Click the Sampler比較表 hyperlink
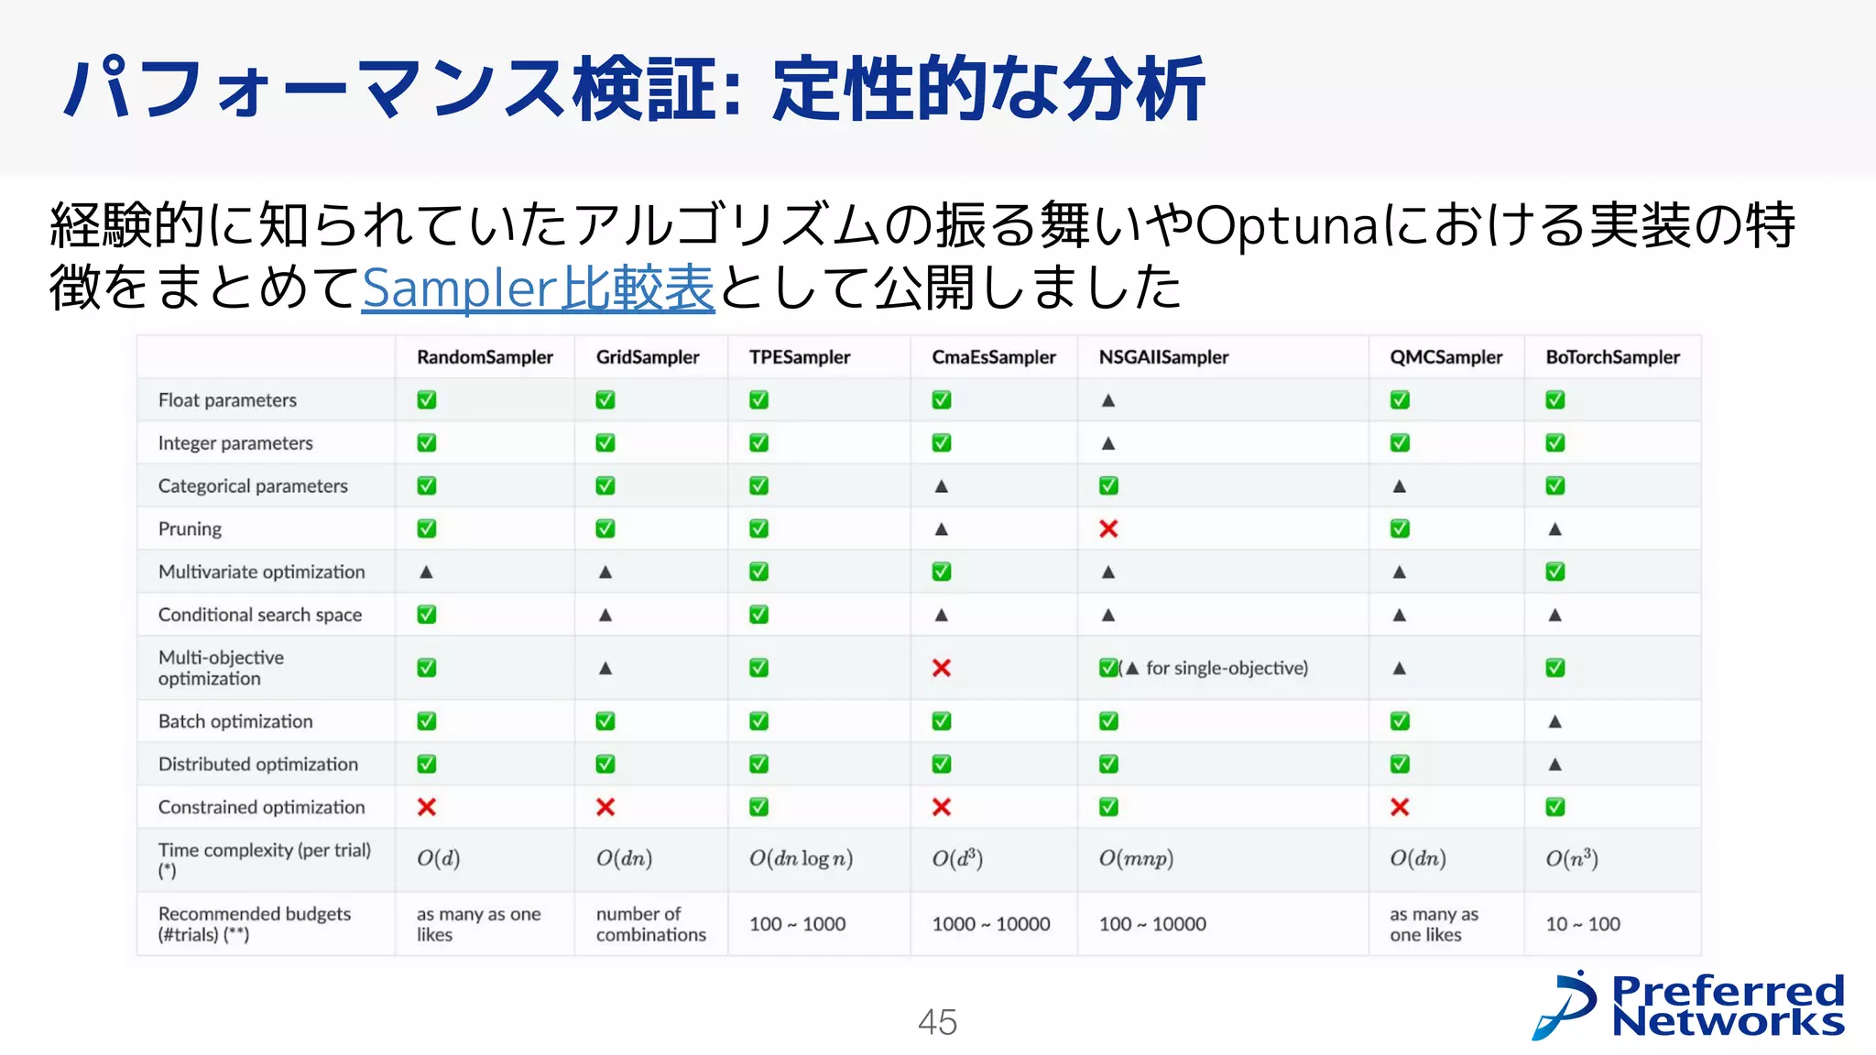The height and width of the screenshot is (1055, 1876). point(538,288)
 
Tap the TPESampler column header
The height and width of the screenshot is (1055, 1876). point(799,357)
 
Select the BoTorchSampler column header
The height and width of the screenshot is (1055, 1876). point(1612,357)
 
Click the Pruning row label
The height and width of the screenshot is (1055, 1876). point(190,529)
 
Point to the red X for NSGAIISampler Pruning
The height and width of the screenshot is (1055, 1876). point(1108,529)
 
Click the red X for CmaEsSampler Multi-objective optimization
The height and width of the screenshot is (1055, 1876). point(941,669)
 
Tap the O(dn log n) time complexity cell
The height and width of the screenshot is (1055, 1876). point(801,859)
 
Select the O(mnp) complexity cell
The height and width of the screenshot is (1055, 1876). point(1136,859)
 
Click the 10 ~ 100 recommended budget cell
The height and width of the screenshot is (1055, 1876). point(1583,924)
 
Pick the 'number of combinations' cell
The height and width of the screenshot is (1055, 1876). point(650,924)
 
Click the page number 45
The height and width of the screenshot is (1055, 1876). point(937,1022)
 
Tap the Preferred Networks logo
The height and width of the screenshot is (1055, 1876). point(1688,1006)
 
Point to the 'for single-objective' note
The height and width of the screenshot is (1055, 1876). point(1226,669)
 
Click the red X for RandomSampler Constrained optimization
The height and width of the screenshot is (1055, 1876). point(427,808)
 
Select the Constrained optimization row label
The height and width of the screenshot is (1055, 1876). point(261,808)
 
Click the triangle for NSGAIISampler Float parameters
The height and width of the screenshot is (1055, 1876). point(1108,400)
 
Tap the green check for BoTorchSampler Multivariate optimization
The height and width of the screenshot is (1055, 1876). point(1554,572)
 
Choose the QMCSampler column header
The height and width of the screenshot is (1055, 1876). point(1445,357)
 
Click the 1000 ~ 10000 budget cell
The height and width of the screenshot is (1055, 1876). point(990,924)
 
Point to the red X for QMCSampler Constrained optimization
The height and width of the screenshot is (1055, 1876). point(1399,808)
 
